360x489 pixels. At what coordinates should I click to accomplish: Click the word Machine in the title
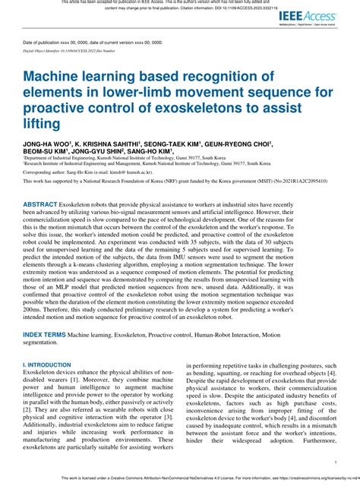(x=58, y=77)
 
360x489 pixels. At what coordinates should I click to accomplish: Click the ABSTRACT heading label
(x=46, y=205)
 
